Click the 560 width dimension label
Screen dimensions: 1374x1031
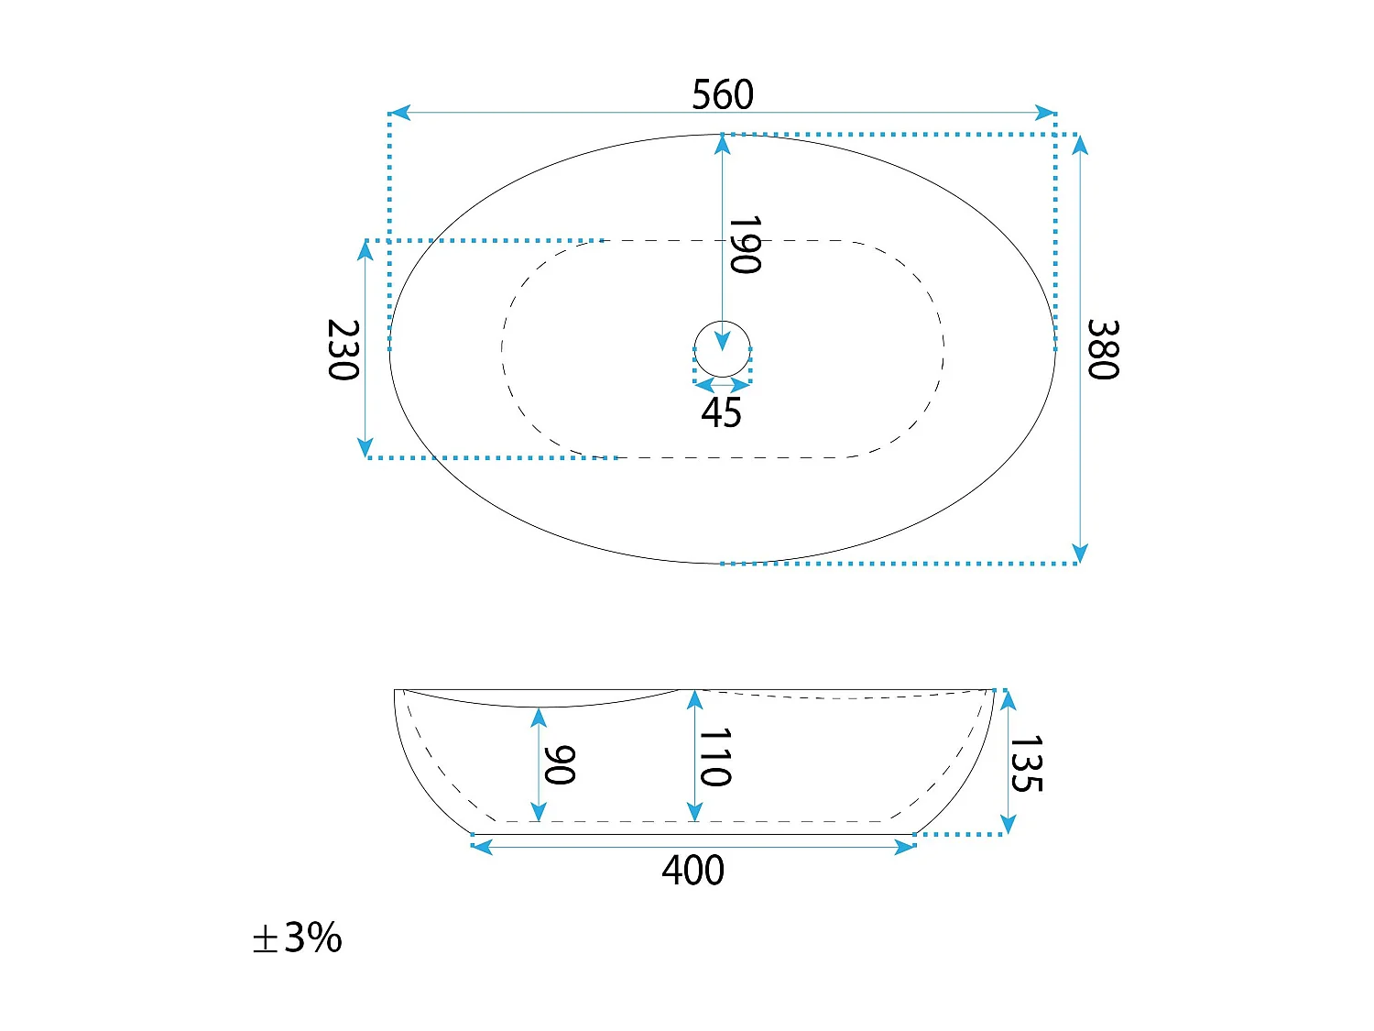coord(723,94)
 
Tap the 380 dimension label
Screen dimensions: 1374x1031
coord(1103,349)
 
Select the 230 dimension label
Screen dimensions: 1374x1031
coord(343,349)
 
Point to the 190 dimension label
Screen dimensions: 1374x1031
coord(745,245)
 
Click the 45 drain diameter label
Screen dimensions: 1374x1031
coord(721,412)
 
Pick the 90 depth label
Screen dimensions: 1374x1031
coord(560,765)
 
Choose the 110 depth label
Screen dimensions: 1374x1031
coord(714,757)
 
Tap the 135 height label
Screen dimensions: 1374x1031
coord(1026,763)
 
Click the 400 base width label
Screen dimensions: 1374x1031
coord(692,870)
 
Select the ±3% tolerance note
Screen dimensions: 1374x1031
coord(298,938)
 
